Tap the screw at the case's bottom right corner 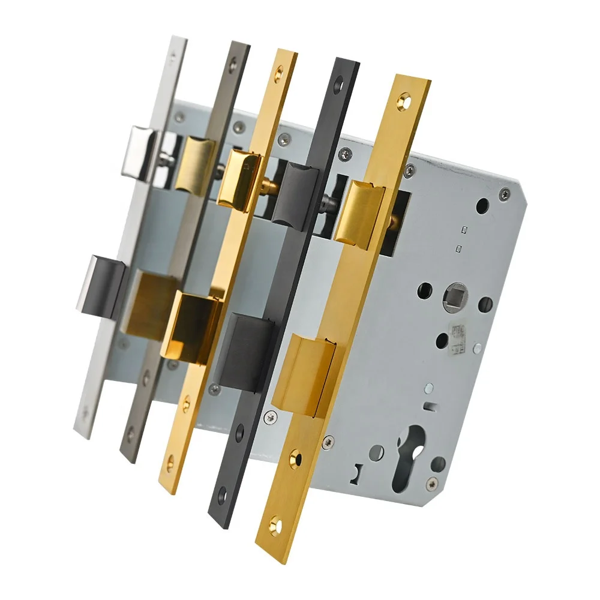[x=431, y=482]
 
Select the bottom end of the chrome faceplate [x=81, y=429]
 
